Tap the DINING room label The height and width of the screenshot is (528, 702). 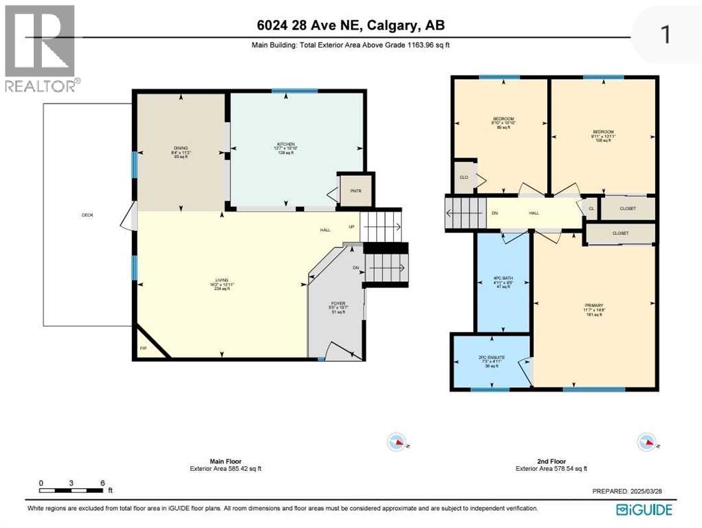click(181, 146)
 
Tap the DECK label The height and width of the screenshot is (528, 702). click(87, 214)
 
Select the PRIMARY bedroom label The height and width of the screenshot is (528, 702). click(594, 305)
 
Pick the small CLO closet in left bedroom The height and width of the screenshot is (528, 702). click(464, 178)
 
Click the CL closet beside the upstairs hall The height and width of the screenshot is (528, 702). click(591, 208)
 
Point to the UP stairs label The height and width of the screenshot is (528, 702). click(352, 226)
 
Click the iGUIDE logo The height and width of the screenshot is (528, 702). click(644, 509)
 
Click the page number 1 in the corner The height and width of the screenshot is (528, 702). click(664, 34)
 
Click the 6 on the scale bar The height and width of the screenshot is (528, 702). click(102, 483)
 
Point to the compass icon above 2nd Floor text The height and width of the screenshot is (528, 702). click(646, 441)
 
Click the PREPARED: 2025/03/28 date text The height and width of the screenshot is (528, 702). click(630, 492)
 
